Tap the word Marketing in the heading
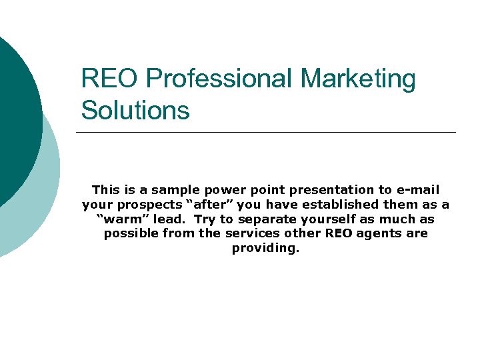[x=357, y=79]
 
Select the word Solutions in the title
[x=135, y=110]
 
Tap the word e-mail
[x=419, y=190]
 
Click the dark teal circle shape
[x=17, y=113]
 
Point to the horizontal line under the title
[x=267, y=132]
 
